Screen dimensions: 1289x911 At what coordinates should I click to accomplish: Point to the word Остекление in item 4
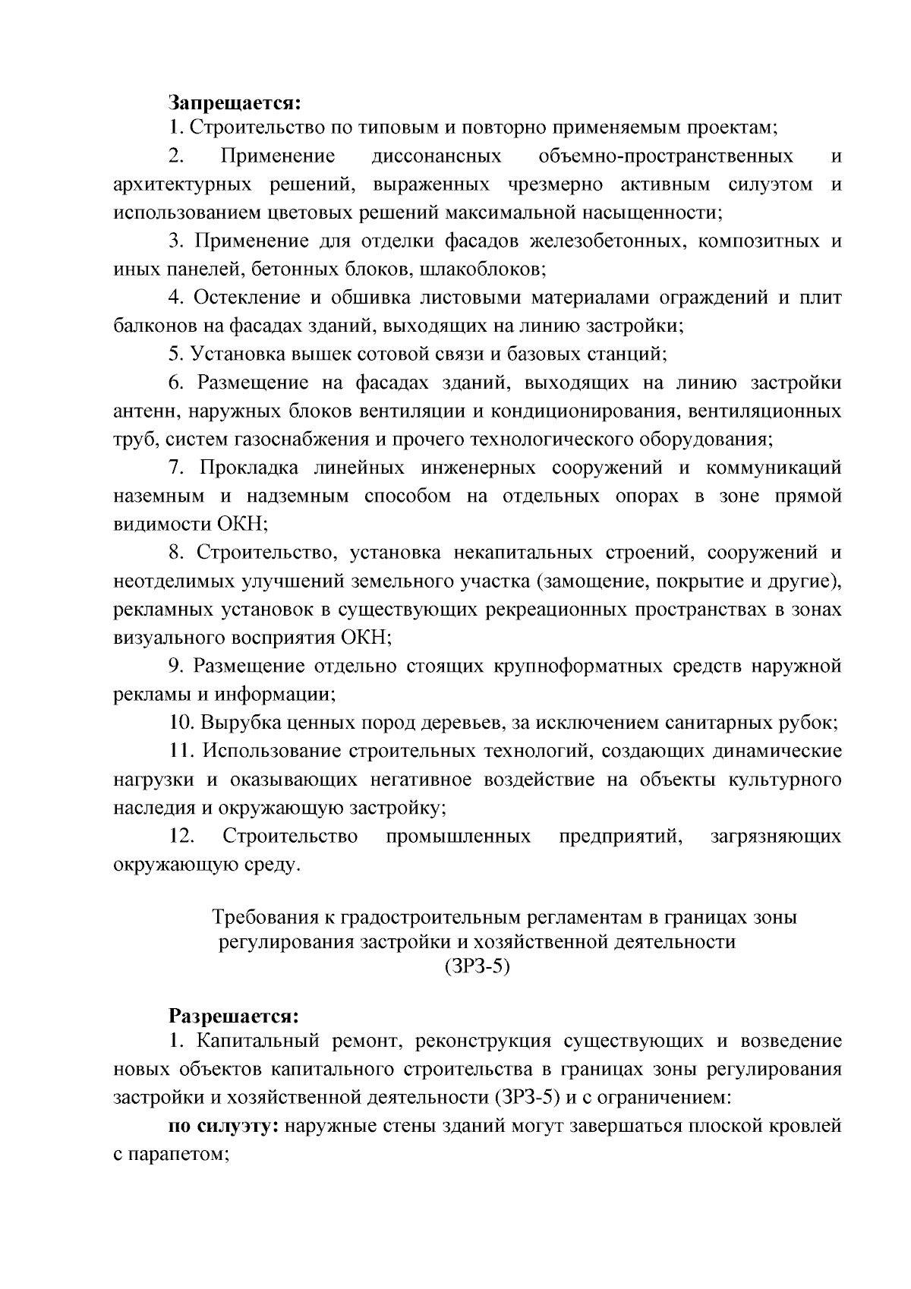click(240, 298)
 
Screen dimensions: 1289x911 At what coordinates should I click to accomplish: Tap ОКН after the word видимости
click(242, 525)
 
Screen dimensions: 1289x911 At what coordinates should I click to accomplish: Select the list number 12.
click(182, 837)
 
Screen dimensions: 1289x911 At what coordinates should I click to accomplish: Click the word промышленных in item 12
click(458, 837)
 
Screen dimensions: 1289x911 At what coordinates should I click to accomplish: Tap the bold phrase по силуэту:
click(224, 1127)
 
